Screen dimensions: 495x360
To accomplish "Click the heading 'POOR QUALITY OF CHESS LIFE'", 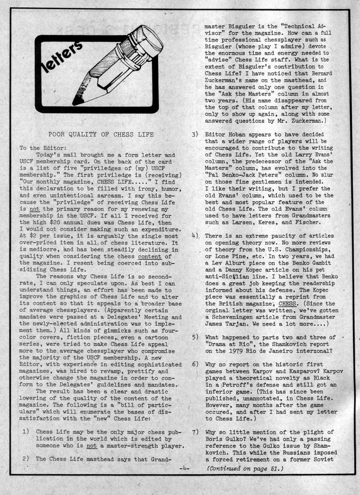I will pos(101,134).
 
